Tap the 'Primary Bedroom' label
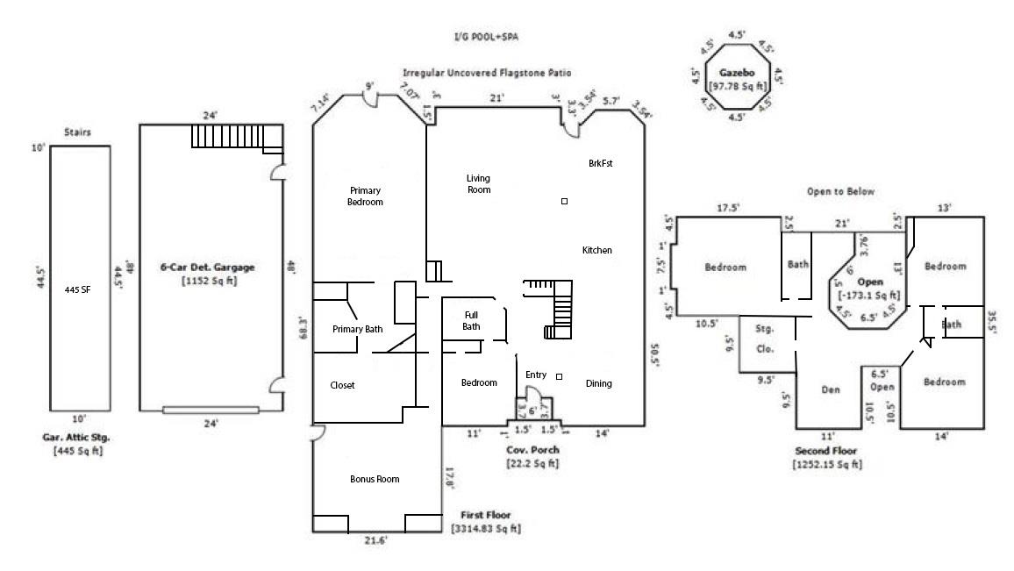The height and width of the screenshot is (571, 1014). pos(366,196)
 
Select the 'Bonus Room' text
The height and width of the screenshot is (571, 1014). pos(375,479)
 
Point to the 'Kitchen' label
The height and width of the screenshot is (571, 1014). pos(596,251)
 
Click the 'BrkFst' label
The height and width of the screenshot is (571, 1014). pos(601,164)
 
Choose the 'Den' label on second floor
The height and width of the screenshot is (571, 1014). pos(832,390)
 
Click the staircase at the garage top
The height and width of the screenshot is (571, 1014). pos(237,136)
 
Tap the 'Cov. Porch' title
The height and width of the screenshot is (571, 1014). pos(532,450)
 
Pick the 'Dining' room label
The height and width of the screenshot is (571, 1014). pos(598,383)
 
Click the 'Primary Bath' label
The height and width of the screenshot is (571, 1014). pos(357,330)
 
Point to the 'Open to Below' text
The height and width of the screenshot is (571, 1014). pos(840,191)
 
